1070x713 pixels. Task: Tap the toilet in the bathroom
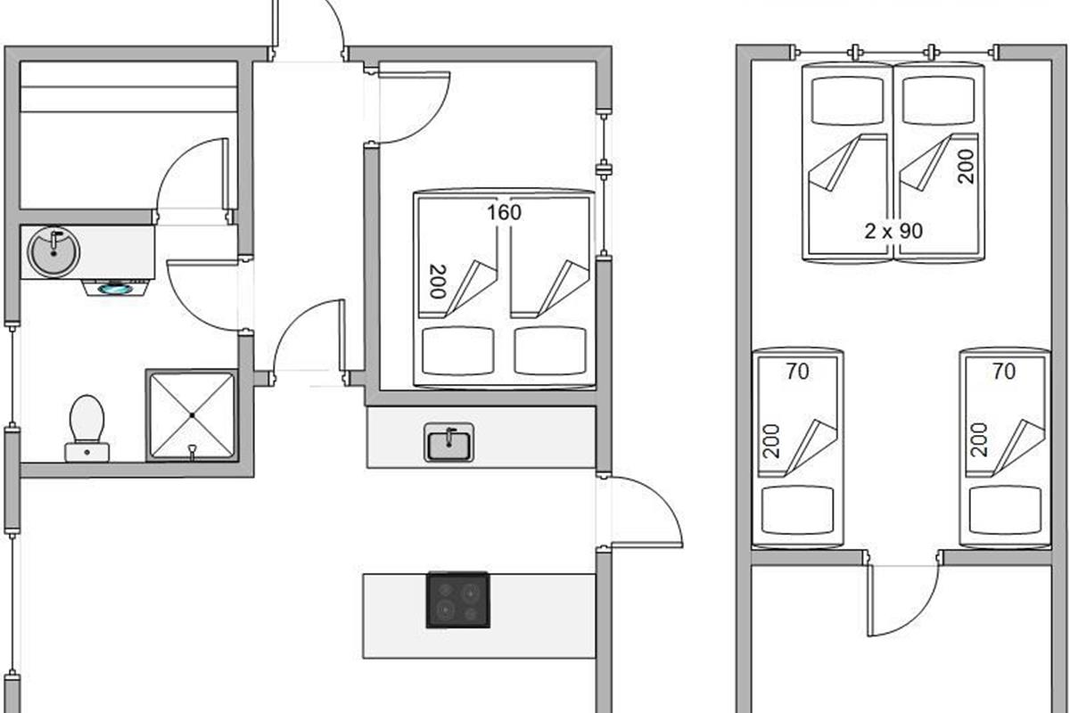click(86, 426)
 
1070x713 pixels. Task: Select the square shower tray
click(192, 415)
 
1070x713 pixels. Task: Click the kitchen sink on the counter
click(449, 442)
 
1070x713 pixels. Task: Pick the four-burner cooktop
click(457, 600)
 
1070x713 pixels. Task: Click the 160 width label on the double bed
click(504, 213)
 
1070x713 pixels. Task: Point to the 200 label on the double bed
click(438, 282)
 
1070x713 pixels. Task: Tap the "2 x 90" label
click(893, 231)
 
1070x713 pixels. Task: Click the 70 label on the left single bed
click(797, 371)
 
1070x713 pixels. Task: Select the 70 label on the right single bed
click(1004, 371)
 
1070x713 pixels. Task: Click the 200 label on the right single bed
click(979, 440)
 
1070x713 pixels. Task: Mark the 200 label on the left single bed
click(772, 440)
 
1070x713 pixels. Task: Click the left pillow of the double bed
click(457, 350)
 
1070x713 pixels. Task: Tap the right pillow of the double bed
click(550, 350)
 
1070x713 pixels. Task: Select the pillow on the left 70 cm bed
click(797, 510)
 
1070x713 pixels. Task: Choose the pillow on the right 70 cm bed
click(1004, 510)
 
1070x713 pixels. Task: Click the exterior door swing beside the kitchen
click(644, 512)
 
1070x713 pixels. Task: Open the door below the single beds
click(902, 597)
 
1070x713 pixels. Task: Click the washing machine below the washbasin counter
click(116, 287)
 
